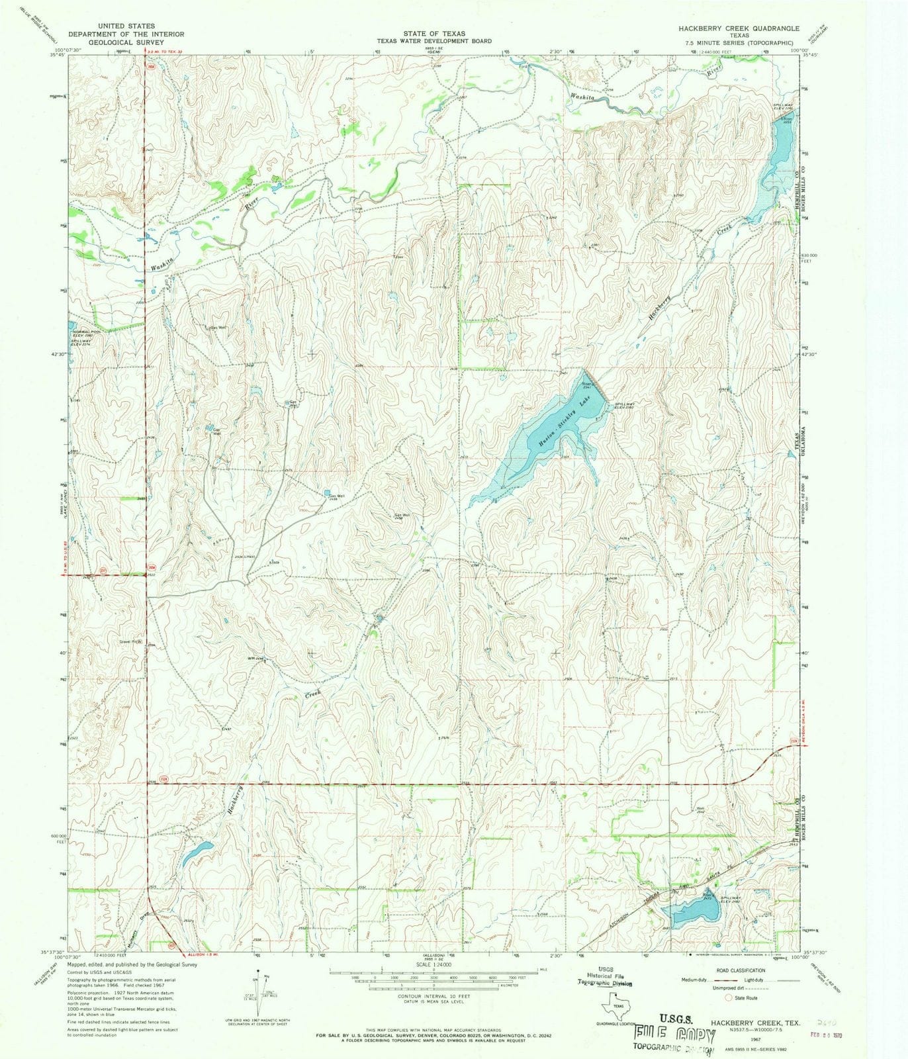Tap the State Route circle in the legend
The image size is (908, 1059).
coord(730,997)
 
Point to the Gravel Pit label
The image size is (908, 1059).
coord(130,641)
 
